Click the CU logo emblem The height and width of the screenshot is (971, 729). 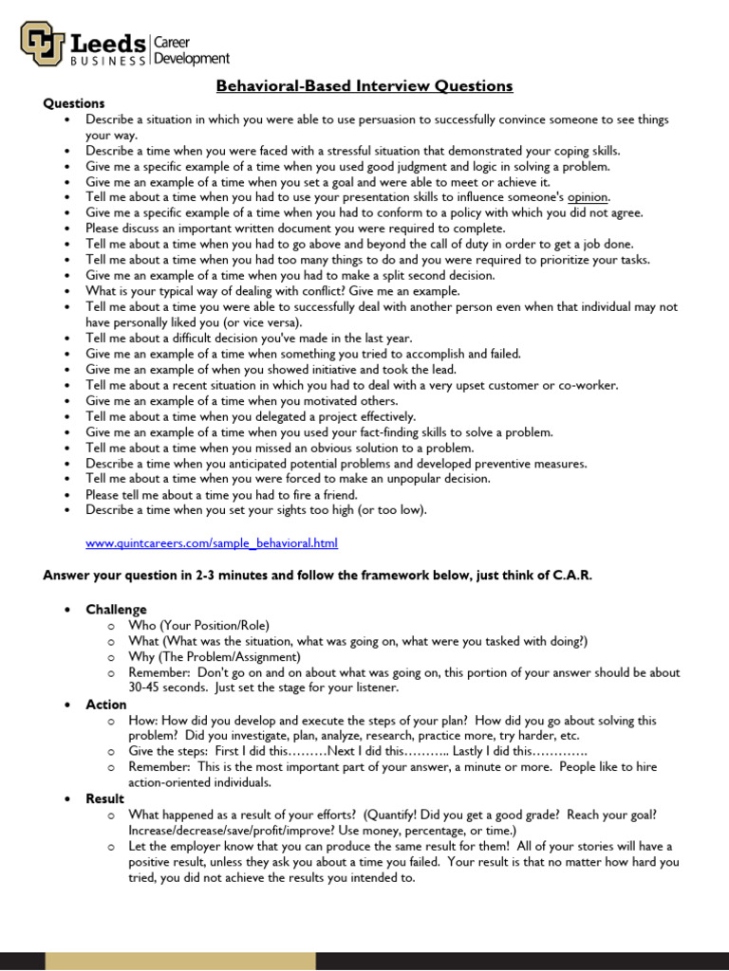pos(43,44)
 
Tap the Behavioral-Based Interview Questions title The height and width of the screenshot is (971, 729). pos(364,86)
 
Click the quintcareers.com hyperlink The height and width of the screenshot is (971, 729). pos(211,543)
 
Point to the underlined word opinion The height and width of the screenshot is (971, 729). pos(588,197)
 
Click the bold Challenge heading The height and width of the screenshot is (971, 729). pos(116,610)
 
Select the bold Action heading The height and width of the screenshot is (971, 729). pos(105,705)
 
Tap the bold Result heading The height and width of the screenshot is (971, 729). pos(104,799)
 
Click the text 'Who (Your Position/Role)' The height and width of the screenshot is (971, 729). pos(198,626)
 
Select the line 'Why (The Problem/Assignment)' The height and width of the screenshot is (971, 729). pos(215,657)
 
